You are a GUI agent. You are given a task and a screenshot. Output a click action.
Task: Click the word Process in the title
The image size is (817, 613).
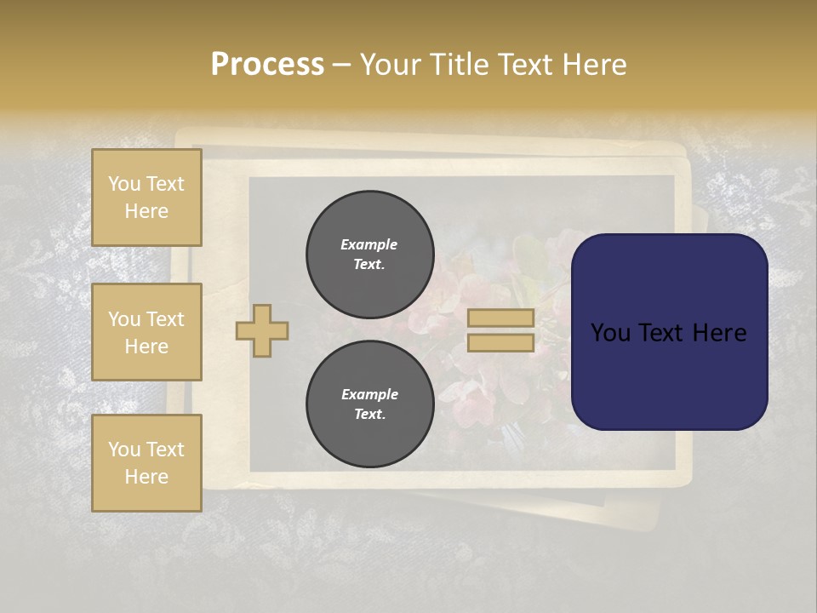pyautogui.click(x=267, y=65)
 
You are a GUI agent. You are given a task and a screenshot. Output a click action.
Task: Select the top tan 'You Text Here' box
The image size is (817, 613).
pyautogui.click(x=146, y=198)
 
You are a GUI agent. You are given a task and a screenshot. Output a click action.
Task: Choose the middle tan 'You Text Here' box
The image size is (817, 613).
pyautogui.click(x=146, y=332)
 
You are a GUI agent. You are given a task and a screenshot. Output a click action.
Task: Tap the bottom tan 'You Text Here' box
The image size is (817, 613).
pyautogui.click(x=146, y=463)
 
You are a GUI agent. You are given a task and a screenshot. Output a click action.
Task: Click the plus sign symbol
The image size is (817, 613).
pyautogui.click(x=262, y=330)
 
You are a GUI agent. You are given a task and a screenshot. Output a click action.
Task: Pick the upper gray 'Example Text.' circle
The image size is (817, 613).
pyautogui.click(x=369, y=254)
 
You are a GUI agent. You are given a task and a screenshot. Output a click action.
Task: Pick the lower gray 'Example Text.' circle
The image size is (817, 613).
pyautogui.click(x=369, y=404)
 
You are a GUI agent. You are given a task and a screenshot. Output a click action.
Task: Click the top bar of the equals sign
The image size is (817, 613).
pyautogui.click(x=501, y=318)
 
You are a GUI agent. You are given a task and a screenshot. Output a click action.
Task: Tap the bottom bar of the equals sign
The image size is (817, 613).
pyautogui.click(x=501, y=343)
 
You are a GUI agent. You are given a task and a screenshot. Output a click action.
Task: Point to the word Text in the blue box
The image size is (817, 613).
pyautogui.click(x=668, y=333)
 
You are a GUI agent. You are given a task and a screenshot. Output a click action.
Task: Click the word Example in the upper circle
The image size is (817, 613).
pyautogui.click(x=369, y=244)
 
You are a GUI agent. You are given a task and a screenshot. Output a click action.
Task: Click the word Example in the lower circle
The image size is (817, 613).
pyautogui.click(x=369, y=394)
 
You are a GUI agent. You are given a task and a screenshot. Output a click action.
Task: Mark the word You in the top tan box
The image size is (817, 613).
pyautogui.click(x=124, y=184)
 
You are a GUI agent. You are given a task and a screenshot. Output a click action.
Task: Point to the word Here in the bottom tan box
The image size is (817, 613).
pyautogui.click(x=146, y=477)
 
